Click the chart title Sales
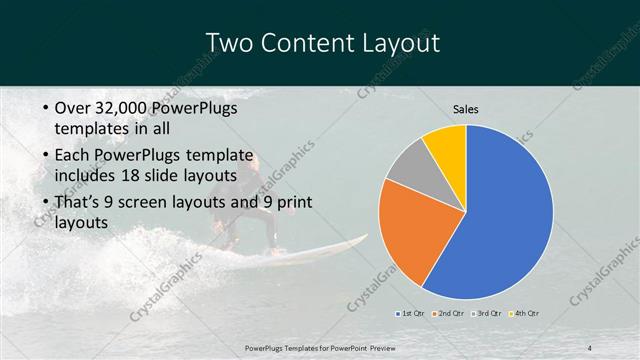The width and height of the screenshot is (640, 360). tap(466, 108)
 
